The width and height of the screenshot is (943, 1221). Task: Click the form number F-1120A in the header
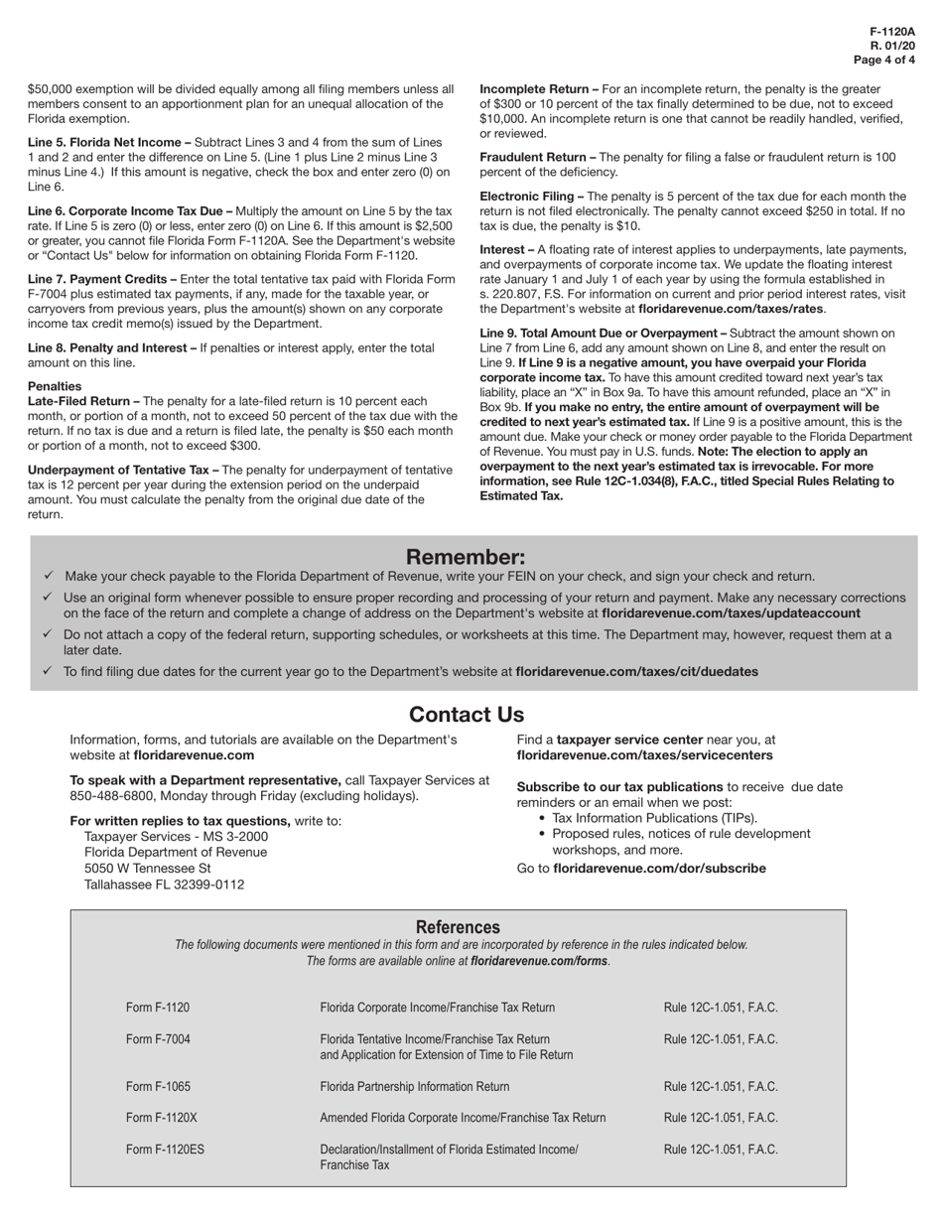click(892, 32)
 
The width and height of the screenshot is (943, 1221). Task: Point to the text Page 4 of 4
click(883, 60)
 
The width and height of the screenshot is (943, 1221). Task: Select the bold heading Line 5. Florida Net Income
click(109, 142)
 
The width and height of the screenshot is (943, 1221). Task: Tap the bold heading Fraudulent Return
click(537, 157)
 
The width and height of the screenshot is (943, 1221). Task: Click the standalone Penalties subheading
click(55, 386)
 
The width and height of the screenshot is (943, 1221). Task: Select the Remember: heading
click(466, 557)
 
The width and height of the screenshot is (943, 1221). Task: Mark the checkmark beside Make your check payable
click(49, 576)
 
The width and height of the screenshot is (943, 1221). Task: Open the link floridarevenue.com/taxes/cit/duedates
click(636, 672)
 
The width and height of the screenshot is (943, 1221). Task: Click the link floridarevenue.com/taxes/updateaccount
click(731, 613)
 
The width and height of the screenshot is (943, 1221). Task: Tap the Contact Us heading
click(466, 715)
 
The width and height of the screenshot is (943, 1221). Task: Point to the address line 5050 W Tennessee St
click(148, 868)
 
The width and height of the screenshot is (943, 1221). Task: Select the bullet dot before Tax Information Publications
click(541, 819)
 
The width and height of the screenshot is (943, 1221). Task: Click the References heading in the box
click(458, 926)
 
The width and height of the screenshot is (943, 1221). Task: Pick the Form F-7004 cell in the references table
click(158, 1039)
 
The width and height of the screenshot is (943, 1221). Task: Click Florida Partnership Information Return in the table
click(414, 1086)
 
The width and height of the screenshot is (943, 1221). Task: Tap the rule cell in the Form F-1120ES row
click(721, 1150)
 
